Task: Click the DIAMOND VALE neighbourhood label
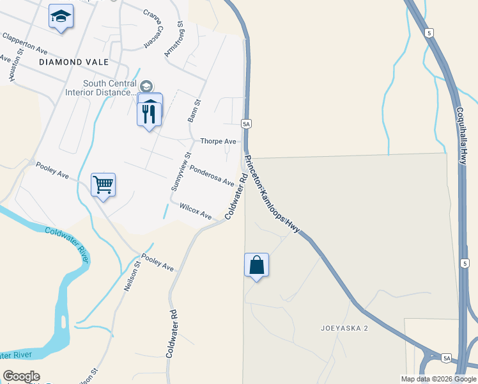73,62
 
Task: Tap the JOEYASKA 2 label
344,328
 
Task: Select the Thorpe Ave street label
218,141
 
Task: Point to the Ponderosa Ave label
212,174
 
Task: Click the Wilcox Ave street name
195,211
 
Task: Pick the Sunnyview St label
180,172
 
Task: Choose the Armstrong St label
174,39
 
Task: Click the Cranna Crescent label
153,29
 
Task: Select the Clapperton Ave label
25,44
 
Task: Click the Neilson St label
132,276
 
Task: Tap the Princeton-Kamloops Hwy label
272,194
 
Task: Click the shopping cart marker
103,185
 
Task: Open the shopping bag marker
256,265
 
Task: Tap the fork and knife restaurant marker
150,114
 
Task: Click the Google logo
21,376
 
